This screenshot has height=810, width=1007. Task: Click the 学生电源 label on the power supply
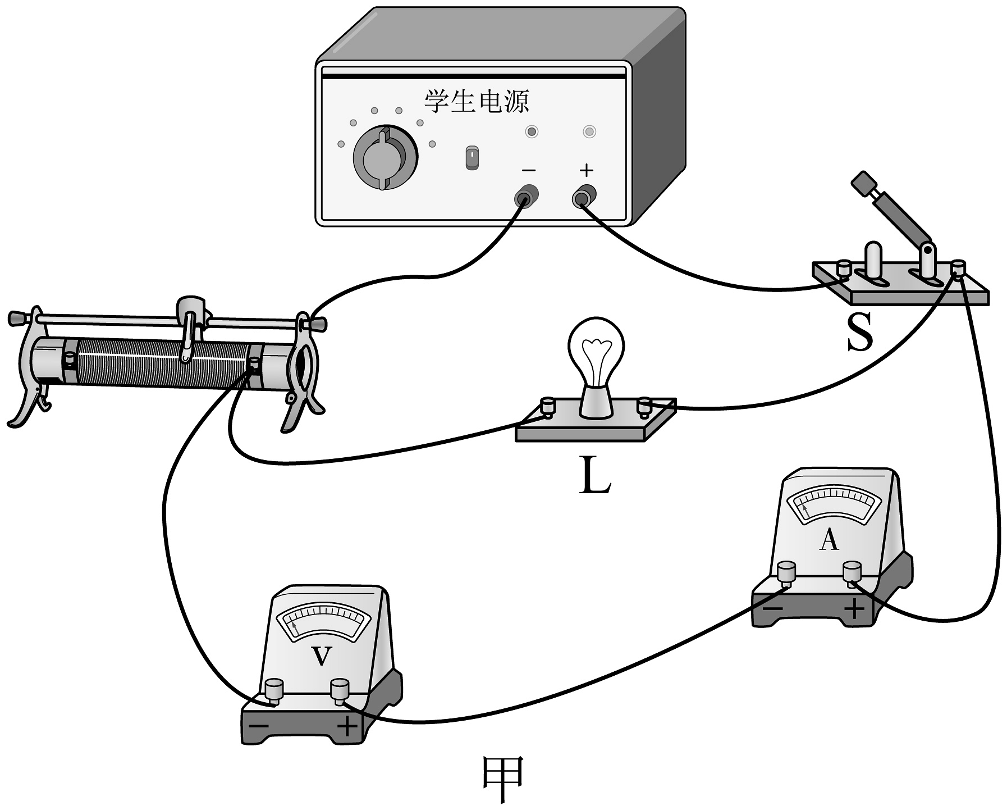(x=476, y=102)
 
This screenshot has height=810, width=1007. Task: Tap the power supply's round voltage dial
(x=385, y=158)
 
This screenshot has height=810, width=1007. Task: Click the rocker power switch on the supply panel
(x=472, y=158)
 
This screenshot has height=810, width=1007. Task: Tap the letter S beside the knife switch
(x=860, y=332)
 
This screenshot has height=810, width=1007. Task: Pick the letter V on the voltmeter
(x=321, y=656)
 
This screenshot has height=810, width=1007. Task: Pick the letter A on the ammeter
(x=829, y=540)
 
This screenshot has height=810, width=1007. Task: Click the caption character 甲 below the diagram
(x=503, y=779)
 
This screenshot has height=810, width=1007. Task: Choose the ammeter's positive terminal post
(x=852, y=574)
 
